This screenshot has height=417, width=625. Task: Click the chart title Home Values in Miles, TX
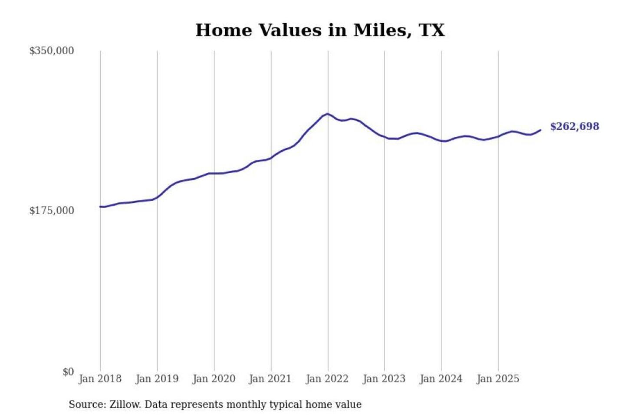click(320, 30)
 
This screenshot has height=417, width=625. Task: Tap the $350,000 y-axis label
click(52, 51)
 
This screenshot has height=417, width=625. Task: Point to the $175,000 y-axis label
click(52, 211)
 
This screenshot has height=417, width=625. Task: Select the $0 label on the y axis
click(68, 372)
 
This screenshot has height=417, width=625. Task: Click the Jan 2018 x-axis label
click(100, 379)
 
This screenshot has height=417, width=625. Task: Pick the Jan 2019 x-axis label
click(157, 379)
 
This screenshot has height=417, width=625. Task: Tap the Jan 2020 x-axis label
click(214, 379)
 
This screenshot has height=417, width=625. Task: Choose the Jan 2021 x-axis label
click(270, 379)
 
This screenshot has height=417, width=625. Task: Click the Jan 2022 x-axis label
click(327, 379)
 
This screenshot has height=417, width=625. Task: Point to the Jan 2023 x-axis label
click(384, 379)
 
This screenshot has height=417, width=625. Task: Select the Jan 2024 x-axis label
click(441, 379)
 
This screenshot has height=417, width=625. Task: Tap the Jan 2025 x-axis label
click(497, 379)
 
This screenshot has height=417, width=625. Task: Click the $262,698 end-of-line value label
click(574, 126)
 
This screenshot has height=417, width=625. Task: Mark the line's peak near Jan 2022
click(327, 114)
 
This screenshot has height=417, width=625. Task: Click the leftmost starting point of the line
click(100, 206)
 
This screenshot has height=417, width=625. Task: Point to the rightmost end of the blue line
click(540, 130)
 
